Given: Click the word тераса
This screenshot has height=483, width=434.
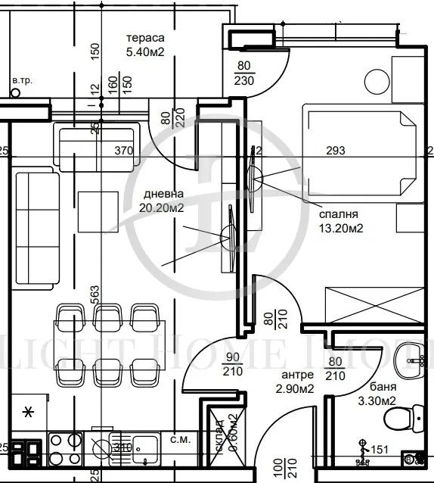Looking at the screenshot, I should click(146, 39).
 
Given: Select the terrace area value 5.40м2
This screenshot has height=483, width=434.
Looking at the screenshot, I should click(146, 53).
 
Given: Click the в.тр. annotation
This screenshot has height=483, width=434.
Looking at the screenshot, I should click(21, 79).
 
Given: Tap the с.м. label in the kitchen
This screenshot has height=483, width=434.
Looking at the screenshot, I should click(179, 439).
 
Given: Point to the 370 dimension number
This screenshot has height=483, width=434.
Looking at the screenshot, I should click(123, 151).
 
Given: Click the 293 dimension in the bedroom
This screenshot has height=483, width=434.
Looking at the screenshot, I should click(335, 151).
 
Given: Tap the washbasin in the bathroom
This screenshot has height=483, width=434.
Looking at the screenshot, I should click(412, 354).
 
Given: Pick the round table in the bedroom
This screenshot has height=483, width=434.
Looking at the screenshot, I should click(376, 81).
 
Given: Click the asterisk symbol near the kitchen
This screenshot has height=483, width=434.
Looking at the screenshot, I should click(29, 412).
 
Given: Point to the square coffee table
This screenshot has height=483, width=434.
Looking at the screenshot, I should click(99, 211).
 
